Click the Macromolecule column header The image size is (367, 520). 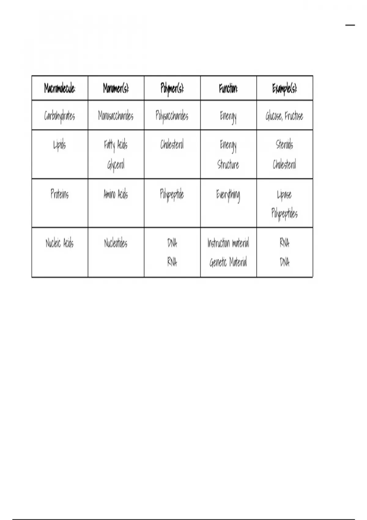[60, 88]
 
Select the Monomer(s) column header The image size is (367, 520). [116, 88]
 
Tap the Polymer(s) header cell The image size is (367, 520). [172, 88]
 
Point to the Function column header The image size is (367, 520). [228, 88]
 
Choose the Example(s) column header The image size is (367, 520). [284, 88]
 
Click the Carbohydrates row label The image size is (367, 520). [60, 116]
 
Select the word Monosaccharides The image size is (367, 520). [116, 116]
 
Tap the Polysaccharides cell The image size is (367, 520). [172, 116]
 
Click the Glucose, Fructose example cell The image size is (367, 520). [284, 116]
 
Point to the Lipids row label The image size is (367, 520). [60, 145]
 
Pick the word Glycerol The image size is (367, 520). [116, 165]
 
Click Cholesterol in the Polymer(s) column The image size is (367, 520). [172, 144]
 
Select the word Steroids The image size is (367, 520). [284, 144]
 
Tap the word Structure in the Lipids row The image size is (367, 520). [228, 165]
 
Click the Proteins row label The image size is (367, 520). [60, 194]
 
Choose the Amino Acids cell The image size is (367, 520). [116, 194]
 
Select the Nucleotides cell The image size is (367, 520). [116, 243]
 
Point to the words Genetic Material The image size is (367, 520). [228, 262]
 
